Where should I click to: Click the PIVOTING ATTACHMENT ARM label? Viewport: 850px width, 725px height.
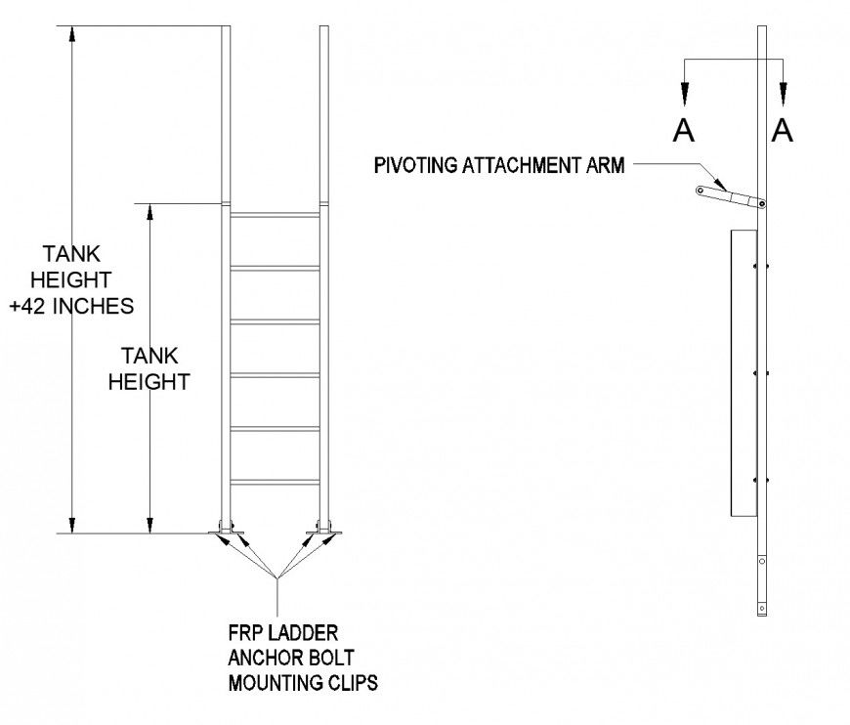498,164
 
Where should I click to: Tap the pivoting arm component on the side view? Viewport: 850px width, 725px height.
731,196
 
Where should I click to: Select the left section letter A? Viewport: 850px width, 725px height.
684,130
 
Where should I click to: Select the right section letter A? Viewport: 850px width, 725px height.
782,130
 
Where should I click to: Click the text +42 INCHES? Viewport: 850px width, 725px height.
70,305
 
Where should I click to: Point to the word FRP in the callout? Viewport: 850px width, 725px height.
244,633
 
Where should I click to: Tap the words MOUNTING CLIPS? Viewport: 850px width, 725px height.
303,682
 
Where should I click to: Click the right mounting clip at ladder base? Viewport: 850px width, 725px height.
325,531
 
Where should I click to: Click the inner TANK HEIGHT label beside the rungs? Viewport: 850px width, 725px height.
149,368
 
